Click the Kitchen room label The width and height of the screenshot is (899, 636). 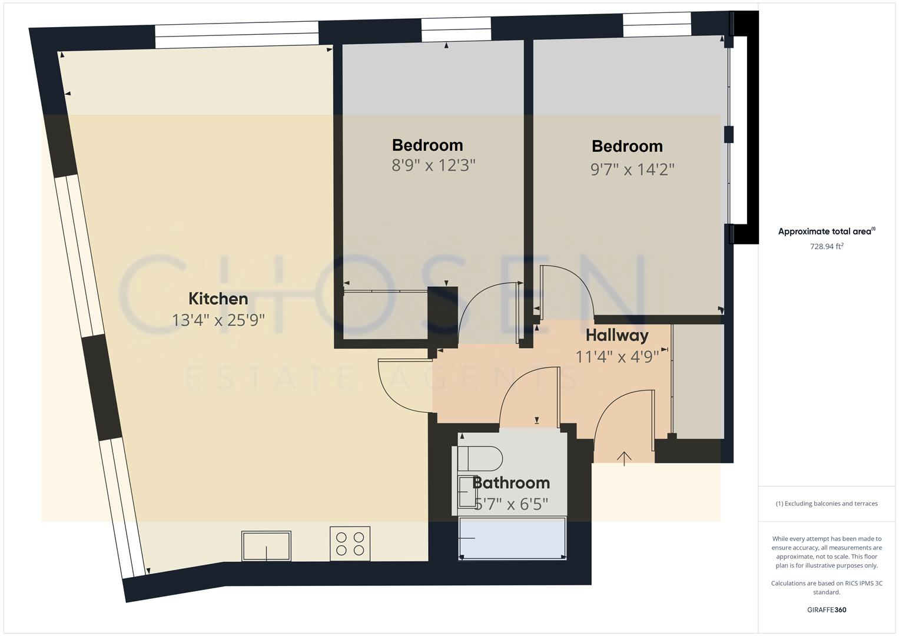pyautogui.click(x=218, y=299)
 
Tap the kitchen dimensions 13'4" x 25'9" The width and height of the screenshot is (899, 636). pyautogui.click(x=218, y=320)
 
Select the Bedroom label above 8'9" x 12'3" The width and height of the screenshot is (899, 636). pyautogui.click(x=427, y=145)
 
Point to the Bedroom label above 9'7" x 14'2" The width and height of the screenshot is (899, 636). pyautogui.click(x=627, y=146)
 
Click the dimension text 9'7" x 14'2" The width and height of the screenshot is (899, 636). pyautogui.click(x=632, y=170)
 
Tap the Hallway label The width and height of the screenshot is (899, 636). pyautogui.click(x=617, y=336)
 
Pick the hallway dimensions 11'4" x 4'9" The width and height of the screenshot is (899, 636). pyautogui.click(x=617, y=356)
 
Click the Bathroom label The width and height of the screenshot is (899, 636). pyautogui.click(x=511, y=483)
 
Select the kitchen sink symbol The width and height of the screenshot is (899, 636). pyautogui.click(x=266, y=546)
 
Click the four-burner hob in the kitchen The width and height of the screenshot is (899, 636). pyautogui.click(x=350, y=544)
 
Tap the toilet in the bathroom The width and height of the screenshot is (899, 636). pyautogui.click(x=480, y=458)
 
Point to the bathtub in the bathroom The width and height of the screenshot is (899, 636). pyautogui.click(x=512, y=538)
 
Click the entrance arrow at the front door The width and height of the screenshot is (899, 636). pyautogui.click(x=624, y=458)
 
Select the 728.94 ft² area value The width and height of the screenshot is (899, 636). pyautogui.click(x=827, y=247)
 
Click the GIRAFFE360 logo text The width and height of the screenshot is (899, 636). pyautogui.click(x=826, y=609)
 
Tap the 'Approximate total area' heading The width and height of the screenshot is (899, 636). pyautogui.click(x=825, y=231)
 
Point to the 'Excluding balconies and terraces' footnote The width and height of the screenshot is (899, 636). pyautogui.click(x=826, y=503)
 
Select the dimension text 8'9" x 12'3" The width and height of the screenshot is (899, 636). pyautogui.click(x=433, y=165)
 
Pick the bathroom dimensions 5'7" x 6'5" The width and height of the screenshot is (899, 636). pyautogui.click(x=511, y=504)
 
